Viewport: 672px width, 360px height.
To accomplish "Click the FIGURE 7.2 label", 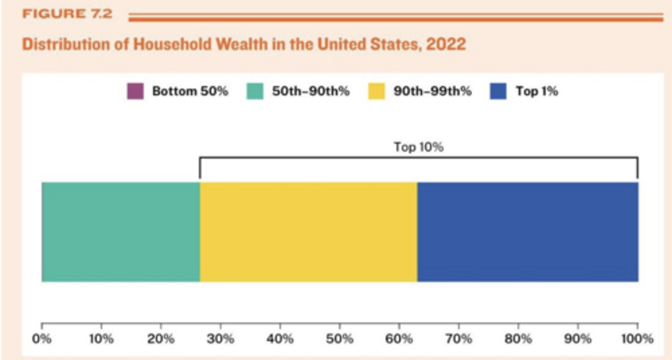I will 67,14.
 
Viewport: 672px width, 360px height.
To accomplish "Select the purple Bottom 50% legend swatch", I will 135,91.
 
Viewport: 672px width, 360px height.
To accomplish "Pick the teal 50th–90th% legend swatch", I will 255,91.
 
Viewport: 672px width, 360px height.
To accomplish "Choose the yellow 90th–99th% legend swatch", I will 376,91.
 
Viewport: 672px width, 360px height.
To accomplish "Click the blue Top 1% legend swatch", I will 498,91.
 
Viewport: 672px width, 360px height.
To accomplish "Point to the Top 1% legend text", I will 537,91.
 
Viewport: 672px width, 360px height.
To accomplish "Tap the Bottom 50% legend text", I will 190,91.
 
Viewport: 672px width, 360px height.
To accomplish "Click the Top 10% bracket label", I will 419,148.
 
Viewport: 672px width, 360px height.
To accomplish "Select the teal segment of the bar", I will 121,232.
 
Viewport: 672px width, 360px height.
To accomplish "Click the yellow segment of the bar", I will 308,232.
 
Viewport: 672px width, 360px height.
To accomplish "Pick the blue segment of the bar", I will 527,232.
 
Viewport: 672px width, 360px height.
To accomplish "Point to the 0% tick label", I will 42,339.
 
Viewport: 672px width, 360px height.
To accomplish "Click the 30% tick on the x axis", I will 220,339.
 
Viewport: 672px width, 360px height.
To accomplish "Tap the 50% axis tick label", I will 339,339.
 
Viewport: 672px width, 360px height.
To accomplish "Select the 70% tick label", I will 459,339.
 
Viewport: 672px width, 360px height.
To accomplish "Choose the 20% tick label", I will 161,339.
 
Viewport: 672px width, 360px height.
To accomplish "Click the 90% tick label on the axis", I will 578,339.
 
